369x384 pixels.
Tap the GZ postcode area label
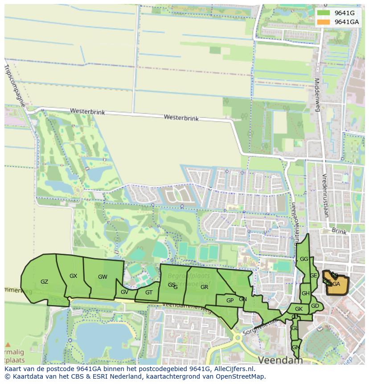pyautogui.click(x=44, y=282)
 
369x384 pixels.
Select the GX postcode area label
pyautogui.click(x=74, y=276)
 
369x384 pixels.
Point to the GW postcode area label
pyautogui.click(x=102, y=277)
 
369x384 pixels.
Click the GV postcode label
pyautogui.click(x=124, y=292)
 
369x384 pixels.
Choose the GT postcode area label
pyautogui.click(x=149, y=293)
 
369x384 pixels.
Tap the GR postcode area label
pyautogui.click(x=204, y=287)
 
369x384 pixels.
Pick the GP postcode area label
pyautogui.click(x=230, y=301)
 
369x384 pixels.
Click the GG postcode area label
pyautogui.click(x=304, y=259)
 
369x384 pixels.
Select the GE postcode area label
pyautogui.click(x=314, y=276)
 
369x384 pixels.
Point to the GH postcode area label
pyautogui.click(x=305, y=293)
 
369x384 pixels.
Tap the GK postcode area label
pyautogui.click(x=299, y=309)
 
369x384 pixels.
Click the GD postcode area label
pyautogui.click(x=315, y=306)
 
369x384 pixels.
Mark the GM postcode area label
pyautogui.click(x=295, y=347)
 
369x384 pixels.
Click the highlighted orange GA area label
pyautogui.click(x=336, y=284)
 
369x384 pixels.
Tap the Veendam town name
pyautogui.click(x=280, y=359)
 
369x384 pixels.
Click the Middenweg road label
pyautogui.click(x=317, y=95)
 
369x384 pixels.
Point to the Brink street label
pyautogui.click(x=339, y=232)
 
